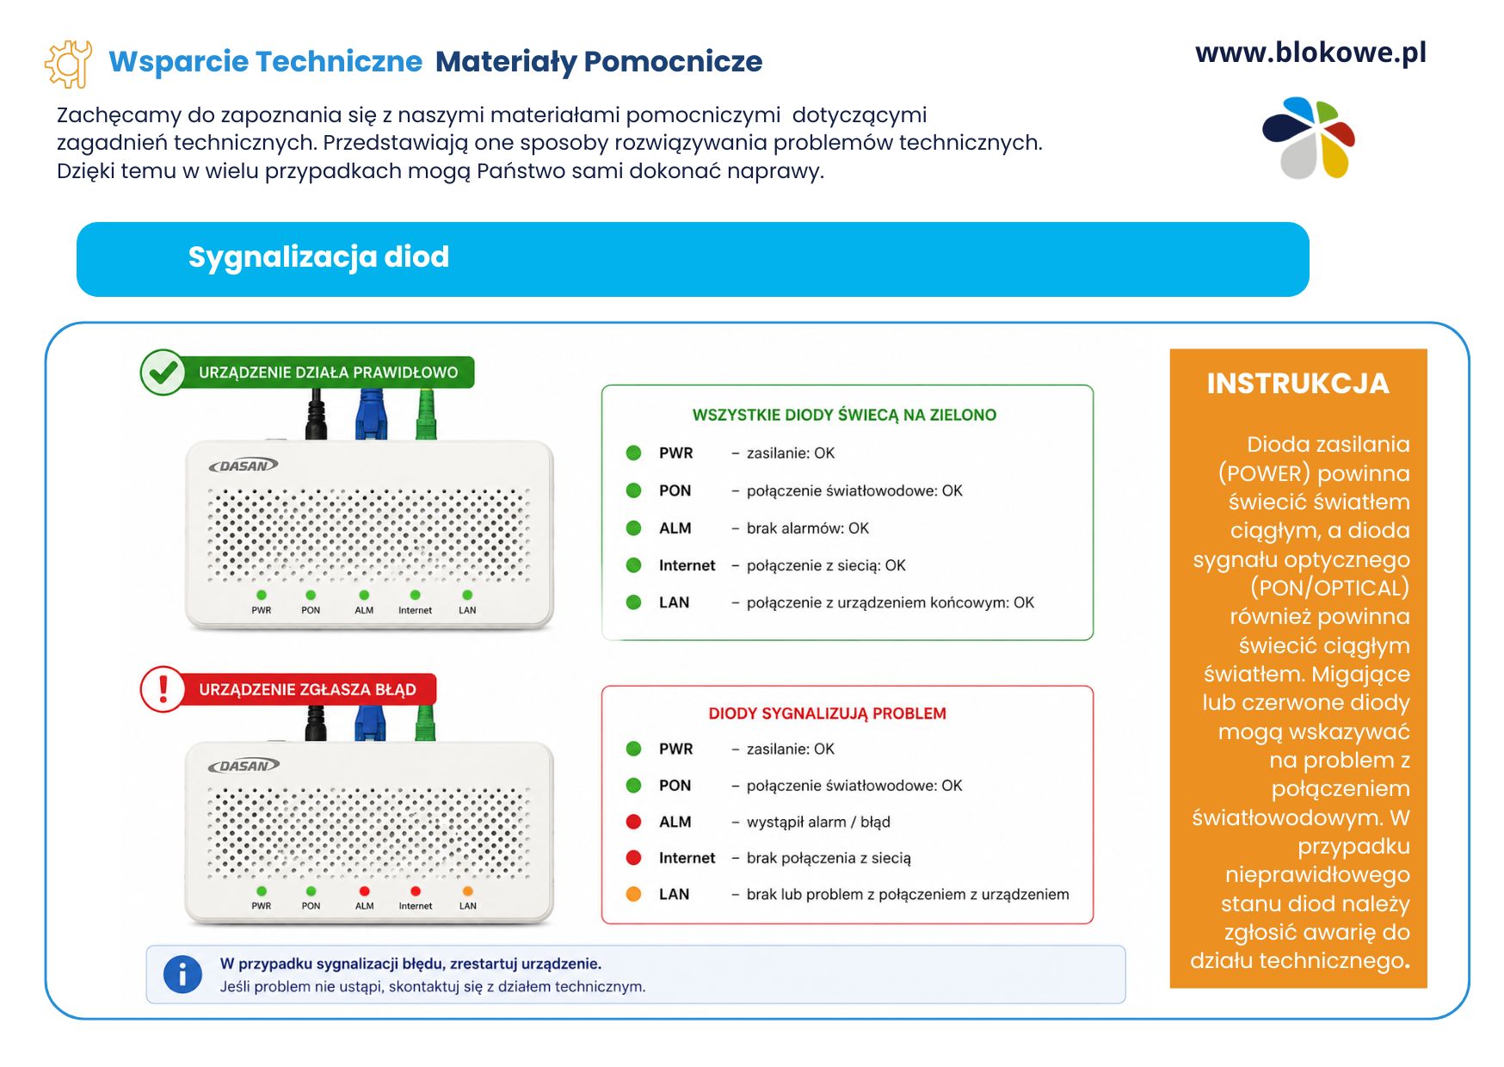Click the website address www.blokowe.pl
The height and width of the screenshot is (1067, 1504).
(x=1310, y=53)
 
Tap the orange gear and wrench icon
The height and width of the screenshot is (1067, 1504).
(x=68, y=64)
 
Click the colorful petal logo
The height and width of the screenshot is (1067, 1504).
(x=1309, y=138)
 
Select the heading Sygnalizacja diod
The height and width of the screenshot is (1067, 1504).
(x=318, y=257)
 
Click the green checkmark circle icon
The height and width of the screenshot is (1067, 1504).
(x=163, y=373)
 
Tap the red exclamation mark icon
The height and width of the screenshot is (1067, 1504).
(x=163, y=689)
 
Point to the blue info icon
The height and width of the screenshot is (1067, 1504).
(x=182, y=975)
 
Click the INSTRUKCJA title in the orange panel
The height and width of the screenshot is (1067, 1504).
(x=1298, y=384)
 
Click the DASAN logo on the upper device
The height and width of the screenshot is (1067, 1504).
(x=243, y=466)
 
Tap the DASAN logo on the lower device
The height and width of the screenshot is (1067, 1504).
(x=243, y=766)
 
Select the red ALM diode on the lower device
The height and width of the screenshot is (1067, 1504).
(x=364, y=891)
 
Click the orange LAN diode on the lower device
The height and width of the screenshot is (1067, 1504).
(x=468, y=891)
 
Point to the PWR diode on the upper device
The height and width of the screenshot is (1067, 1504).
(x=262, y=595)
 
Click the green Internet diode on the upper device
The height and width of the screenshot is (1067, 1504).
(x=416, y=595)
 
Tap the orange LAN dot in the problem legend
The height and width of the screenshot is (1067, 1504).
(x=634, y=894)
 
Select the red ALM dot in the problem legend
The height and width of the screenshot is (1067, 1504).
(x=634, y=822)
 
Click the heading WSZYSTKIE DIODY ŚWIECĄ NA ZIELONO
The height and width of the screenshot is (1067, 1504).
(x=844, y=416)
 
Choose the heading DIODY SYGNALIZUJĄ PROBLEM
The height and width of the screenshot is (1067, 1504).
(x=827, y=713)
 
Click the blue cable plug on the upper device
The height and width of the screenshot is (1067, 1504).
(x=371, y=415)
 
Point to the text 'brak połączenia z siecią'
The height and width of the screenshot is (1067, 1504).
(x=829, y=858)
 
